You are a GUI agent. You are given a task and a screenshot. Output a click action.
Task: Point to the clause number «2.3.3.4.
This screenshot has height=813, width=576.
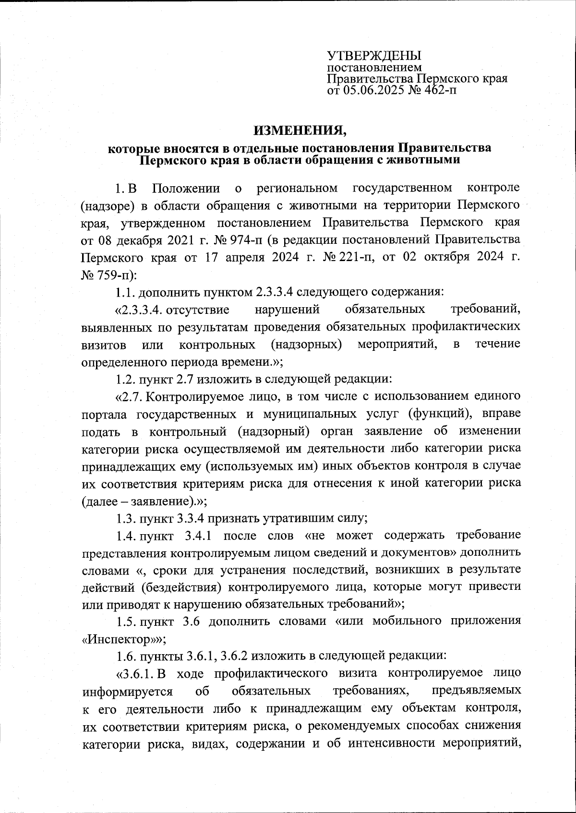[x=140, y=310]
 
